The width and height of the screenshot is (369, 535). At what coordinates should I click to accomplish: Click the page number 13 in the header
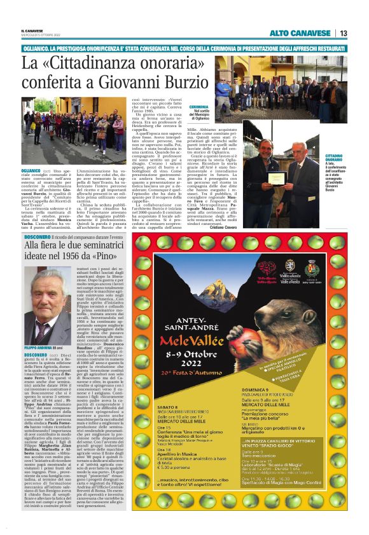coord(344,33)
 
